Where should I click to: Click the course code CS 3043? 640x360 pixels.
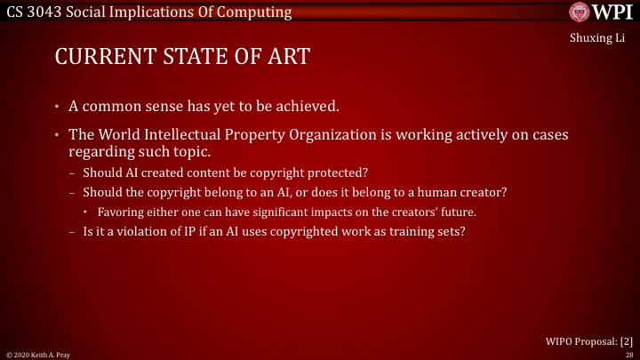(x=34, y=12)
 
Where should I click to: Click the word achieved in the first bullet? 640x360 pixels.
(x=310, y=107)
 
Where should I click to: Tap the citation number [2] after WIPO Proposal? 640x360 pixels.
(x=626, y=340)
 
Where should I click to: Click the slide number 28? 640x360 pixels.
(x=628, y=354)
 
